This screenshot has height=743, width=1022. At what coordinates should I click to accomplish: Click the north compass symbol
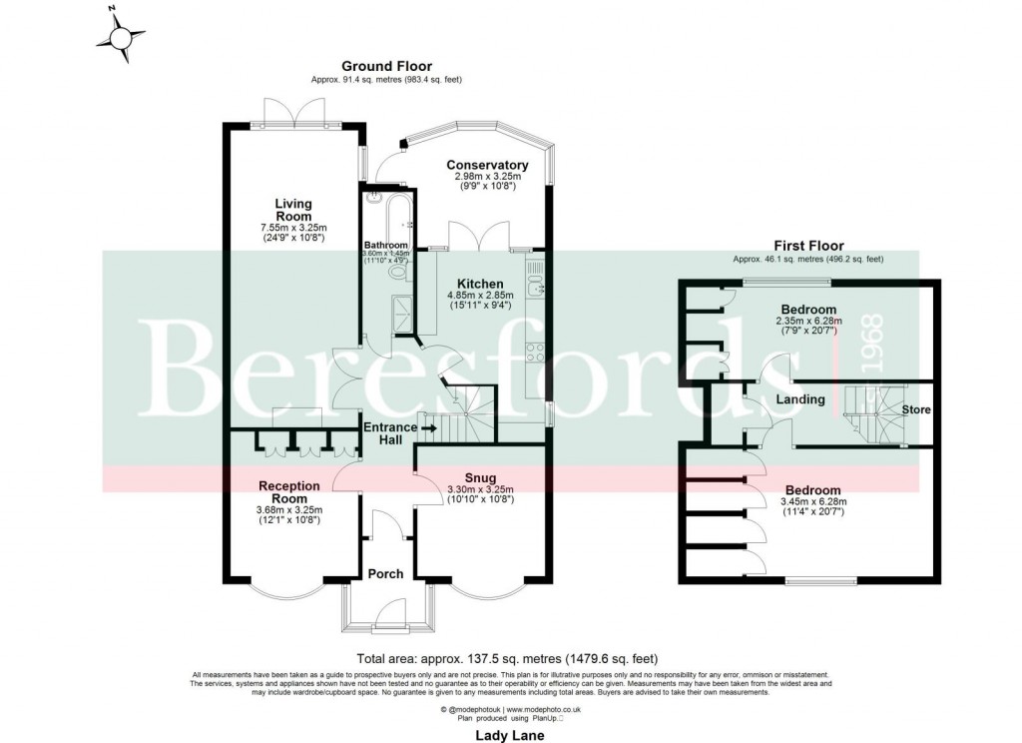click(x=122, y=38)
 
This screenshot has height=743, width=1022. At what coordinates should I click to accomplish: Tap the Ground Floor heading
click(x=387, y=66)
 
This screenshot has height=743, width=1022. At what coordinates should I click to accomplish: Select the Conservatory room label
click(x=487, y=165)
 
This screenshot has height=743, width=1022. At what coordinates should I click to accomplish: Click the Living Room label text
click(x=294, y=210)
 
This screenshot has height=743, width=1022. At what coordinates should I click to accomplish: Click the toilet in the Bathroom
click(x=398, y=272)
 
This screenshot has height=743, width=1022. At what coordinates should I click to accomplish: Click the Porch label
click(x=386, y=573)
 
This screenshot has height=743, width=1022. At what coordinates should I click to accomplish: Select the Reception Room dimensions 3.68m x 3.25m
click(x=289, y=509)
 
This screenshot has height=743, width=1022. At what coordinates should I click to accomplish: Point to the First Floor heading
click(x=808, y=246)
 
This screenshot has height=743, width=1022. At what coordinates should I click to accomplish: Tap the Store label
click(x=916, y=409)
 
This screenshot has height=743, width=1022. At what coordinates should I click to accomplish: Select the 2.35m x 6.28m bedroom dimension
click(x=809, y=321)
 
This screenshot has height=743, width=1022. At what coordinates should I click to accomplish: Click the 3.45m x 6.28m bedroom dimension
click(x=809, y=501)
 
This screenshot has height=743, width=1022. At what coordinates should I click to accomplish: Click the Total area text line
click(x=508, y=658)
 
